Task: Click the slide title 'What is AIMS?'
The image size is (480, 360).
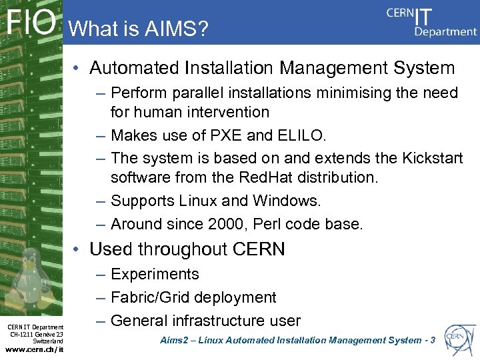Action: [x=138, y=29]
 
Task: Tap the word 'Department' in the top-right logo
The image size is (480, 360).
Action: [x=445, y=31]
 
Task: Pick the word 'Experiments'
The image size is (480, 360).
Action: [x=155, y=274]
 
